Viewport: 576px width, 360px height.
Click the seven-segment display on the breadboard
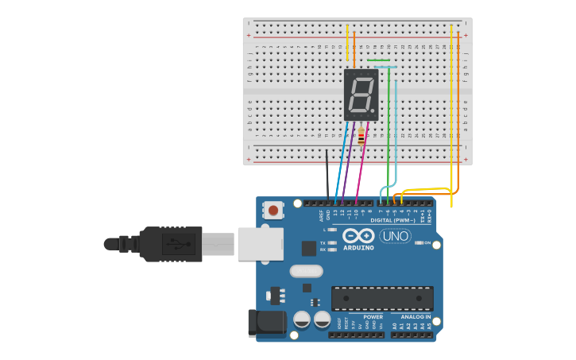click(361, 95)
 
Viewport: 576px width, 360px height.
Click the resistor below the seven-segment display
click(361, 137)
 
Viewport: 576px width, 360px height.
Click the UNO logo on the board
click(395, 236)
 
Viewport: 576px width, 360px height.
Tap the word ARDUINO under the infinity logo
click(358, 248)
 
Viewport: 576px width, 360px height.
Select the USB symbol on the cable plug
click(179, 244)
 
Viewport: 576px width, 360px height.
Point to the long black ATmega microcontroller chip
click(382, 298)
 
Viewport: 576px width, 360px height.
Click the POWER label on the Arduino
click(373, 317)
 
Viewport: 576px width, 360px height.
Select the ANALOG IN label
click(416, 317)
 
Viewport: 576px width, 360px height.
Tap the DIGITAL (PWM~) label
click(392, 220)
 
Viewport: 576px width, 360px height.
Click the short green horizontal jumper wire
click(378, 60)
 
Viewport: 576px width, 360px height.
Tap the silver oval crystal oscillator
click(306, 271)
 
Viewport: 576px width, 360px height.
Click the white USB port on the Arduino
click(261, 244)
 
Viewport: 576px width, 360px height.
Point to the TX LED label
click(323, 243)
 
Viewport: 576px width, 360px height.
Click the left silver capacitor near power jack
click(302, 319)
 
